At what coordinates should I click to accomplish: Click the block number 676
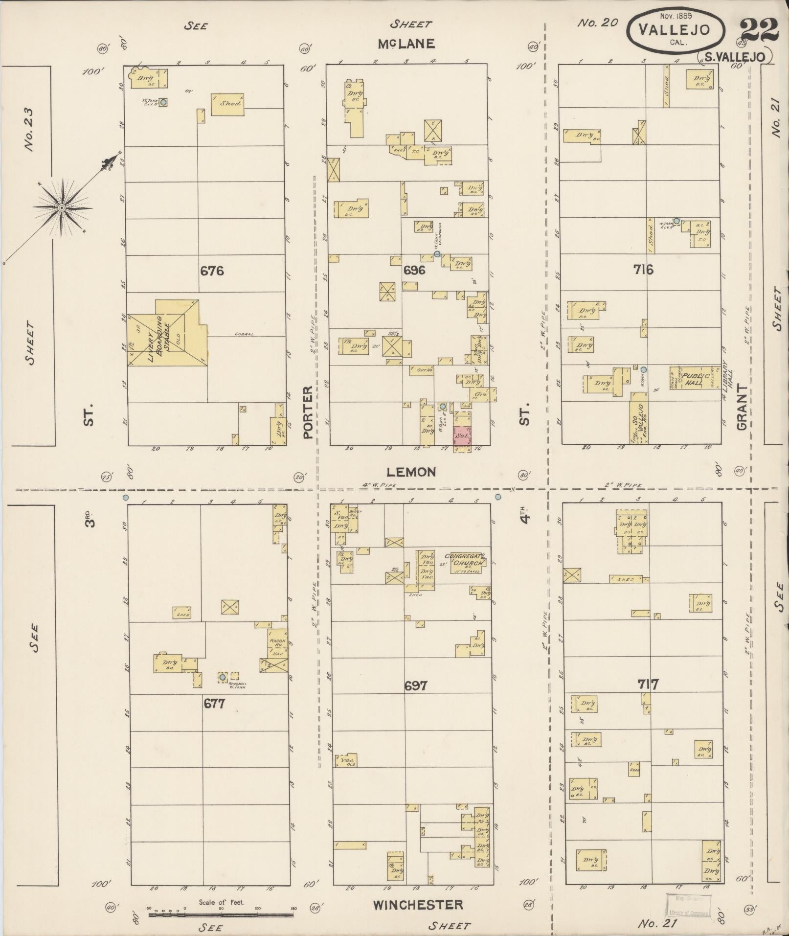click(212, 270)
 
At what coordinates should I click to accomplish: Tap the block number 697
click(416, 685)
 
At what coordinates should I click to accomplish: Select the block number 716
click(643, 269)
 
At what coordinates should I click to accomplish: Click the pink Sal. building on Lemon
click(462, 434)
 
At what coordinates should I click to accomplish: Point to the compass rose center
click(62, 208)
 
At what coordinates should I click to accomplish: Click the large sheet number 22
click(759, 30)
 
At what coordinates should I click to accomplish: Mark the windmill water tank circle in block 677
click(223, 677)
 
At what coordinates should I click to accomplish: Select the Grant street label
click(742, 407)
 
